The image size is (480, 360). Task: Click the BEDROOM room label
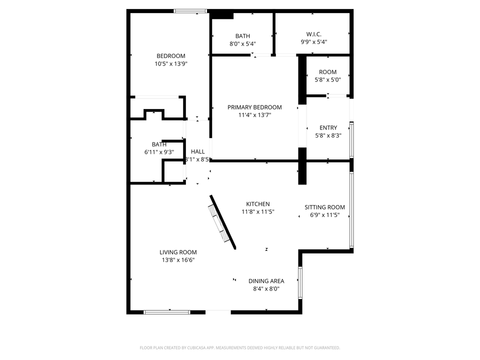[171, 56]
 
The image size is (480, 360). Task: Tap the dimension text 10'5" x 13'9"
[171, 64]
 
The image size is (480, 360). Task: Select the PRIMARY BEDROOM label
[254, 107]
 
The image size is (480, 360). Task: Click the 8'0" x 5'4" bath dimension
[242, 43]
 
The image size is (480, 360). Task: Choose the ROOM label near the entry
[327, 72]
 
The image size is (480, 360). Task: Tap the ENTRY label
[328, 127]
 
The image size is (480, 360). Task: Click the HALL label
[197, 151]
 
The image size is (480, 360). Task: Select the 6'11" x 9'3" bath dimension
[159, 152]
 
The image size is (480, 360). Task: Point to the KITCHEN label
[258, 204]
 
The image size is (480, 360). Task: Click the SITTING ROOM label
[325, 207]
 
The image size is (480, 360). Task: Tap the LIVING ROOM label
[178, 252]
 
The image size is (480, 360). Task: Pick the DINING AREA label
[266, 281]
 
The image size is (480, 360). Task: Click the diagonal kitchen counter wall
[222, 221]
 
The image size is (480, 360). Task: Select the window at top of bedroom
[190, 10]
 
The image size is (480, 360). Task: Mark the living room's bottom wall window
[167, 312]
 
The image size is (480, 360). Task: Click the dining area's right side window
[300, 282]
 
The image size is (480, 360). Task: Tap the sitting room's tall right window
[351, 210]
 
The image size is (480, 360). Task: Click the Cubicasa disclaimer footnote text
[240, 347]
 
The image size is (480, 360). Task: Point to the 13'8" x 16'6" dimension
[178, 260]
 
